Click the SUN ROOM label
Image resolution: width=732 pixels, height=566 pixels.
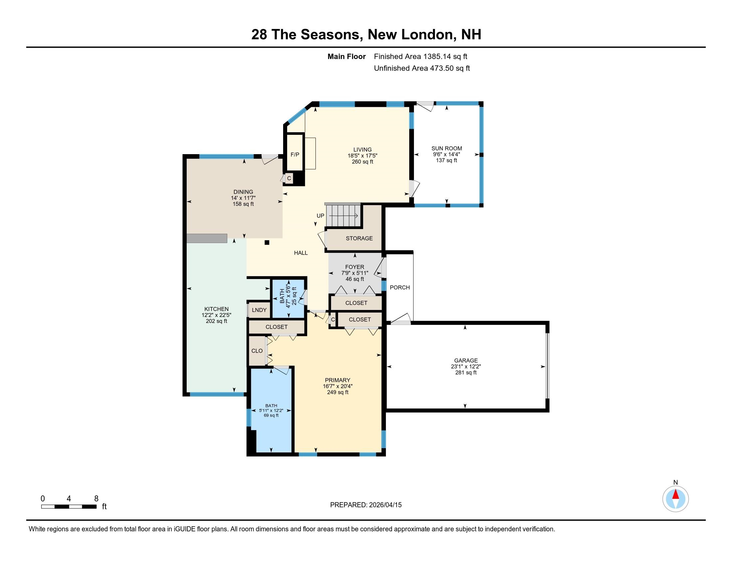click(x=447, y=148)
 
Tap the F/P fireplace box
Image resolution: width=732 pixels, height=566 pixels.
click(x=294, y=154)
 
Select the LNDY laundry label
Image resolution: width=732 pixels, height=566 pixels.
click(x=259, y=310)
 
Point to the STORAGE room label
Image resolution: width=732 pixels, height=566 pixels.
click(x=359, y=238)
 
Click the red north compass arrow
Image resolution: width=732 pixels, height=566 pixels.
click(x=676, y=495)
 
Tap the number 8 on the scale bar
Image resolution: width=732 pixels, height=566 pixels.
click(x=96, y=499)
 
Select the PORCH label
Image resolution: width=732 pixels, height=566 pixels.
click(x=400, y=287)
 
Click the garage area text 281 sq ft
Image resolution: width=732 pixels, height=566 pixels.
click(x=465, y=373)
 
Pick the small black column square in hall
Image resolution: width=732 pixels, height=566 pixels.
click(x=267, y=242)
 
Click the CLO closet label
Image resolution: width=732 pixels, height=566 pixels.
click(x=257, y=351)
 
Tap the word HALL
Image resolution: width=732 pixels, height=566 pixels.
click(x=301, y=253)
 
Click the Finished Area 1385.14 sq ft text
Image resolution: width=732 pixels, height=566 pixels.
click(x=420, y=56)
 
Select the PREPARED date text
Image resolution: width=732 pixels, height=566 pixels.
click(x=366, y=505)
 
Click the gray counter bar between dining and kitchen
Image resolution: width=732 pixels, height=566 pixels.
click(x=207, y=238)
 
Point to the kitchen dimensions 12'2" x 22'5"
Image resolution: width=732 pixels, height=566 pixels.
click(x=216, y=315)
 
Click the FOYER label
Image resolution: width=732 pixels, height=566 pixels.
click(x=355, y=267)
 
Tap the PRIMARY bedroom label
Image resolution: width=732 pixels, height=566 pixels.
click(x=337, y=380)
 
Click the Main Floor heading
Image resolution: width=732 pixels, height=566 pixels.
click(x=346, y=56)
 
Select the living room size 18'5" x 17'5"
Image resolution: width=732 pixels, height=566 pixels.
click(x=362, y=155)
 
